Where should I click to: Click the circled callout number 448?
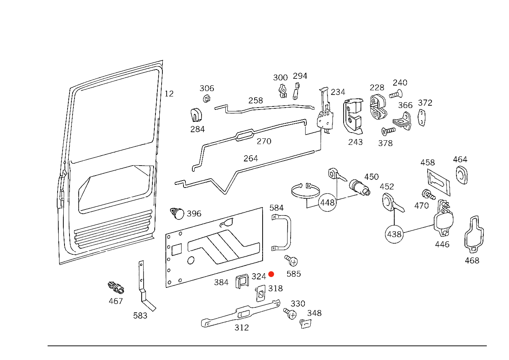tap(327, 202)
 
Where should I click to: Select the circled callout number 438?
tap(394, 234)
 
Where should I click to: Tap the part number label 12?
tap(169, 93)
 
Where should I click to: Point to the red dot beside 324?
tap(271, 274)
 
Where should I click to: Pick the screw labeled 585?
tap(291, 260)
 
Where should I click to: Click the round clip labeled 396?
tap(177, 213)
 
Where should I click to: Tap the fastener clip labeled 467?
tap(116, 288)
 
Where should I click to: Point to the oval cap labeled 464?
tap(461, 175)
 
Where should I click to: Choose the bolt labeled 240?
tap(396, 94)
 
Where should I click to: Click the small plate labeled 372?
tap(421, 118)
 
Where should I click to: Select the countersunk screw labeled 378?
tap(388, 131)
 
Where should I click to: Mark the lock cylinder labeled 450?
tap(359, 187)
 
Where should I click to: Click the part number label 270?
tap(264, 141)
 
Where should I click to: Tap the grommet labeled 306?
tap(207, 98)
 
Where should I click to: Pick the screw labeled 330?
tap(290, 314)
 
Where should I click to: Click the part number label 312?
tap(241, 327)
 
